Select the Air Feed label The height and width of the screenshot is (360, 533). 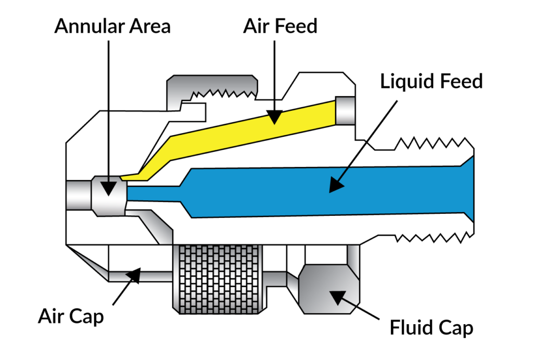[x=280, y=26]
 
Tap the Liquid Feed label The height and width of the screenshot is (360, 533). [x=432, y=81]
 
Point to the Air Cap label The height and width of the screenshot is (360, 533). [x=71, y=316]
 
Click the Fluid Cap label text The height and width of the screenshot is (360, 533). [x=432, y=328]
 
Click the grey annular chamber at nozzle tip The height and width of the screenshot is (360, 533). [x=108, y=195]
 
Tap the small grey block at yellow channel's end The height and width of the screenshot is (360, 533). [x=345, y=110]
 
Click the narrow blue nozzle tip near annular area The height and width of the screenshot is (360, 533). [x=151, y=194]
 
